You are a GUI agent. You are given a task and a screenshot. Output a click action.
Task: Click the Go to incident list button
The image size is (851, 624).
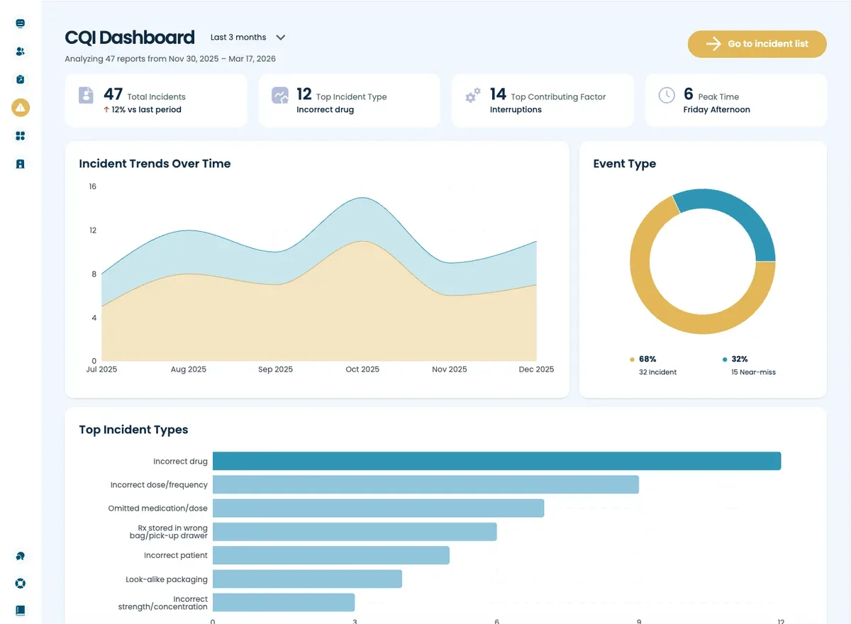(x=757, y=44)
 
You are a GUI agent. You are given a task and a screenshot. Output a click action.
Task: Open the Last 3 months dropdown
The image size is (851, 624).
(x=247, y=38)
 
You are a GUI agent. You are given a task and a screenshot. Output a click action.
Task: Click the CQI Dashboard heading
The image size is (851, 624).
(x=130, y=38)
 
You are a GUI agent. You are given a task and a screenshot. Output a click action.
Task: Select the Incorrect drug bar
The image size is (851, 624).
(x=496, y=461)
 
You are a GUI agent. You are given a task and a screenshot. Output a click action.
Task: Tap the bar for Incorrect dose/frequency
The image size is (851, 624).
(x=425, y=485)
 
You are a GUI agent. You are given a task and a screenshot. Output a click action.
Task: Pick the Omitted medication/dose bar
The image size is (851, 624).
(x=378, y=508)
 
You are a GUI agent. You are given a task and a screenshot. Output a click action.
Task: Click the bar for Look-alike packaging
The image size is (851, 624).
(x=307, y=579)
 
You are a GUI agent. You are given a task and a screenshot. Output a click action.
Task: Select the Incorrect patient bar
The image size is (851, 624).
(x=330, y=555)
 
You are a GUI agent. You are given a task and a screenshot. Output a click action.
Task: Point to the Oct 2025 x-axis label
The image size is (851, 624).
(x=362, y=369)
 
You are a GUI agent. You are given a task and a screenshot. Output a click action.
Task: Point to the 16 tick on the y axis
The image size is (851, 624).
(x=92, y=186)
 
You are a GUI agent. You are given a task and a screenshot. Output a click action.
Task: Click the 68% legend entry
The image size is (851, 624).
(x=647, y=360)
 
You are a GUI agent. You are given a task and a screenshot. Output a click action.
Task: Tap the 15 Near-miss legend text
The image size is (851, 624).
(x=753, y=372)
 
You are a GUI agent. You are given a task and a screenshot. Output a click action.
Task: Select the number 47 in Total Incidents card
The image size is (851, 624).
(x=113, y=94)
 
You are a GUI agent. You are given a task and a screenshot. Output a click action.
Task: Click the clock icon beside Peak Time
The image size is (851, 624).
(x=667, y=96)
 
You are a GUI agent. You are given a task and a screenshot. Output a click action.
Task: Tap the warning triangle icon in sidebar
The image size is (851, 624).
(x=21, y=108)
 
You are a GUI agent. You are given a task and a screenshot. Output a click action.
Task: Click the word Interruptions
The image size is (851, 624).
(x=516, y=110)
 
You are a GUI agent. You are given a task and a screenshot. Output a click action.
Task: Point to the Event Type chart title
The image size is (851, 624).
(x=624, y=164)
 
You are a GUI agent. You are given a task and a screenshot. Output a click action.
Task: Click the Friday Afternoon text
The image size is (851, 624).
(x=716, y=110)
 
